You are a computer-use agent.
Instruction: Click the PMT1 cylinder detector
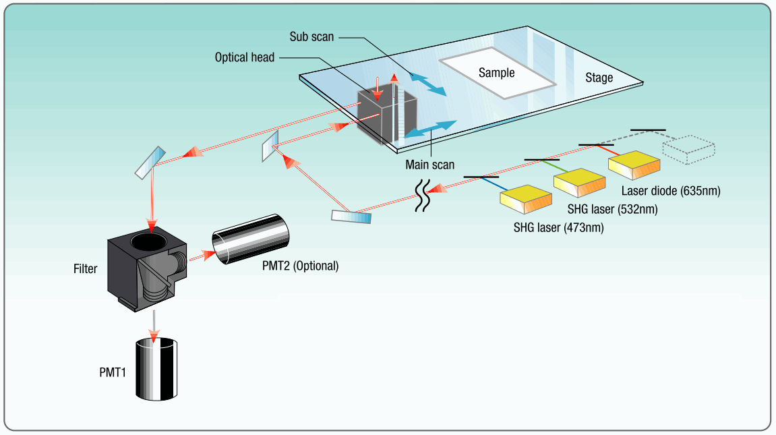point(156,369)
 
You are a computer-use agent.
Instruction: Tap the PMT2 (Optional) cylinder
point(250,239)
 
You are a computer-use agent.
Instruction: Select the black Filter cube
point(147,270)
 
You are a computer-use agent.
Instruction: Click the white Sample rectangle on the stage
point(497,74)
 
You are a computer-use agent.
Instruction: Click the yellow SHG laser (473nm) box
point(526,200)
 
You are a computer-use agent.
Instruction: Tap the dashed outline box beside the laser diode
point(688,150)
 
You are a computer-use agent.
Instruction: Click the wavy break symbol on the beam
point(422,196)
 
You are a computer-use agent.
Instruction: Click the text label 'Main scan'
point(429,165)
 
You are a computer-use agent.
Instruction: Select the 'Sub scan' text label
point(311,37)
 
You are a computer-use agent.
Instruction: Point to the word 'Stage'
point(599,78)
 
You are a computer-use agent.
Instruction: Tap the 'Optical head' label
point(245,57)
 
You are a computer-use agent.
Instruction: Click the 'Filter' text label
point(85,268)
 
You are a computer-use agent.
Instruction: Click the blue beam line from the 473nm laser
point(494,183)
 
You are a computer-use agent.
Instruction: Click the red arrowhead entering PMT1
point(154,337)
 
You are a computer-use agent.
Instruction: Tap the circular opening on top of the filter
point(148,241)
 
